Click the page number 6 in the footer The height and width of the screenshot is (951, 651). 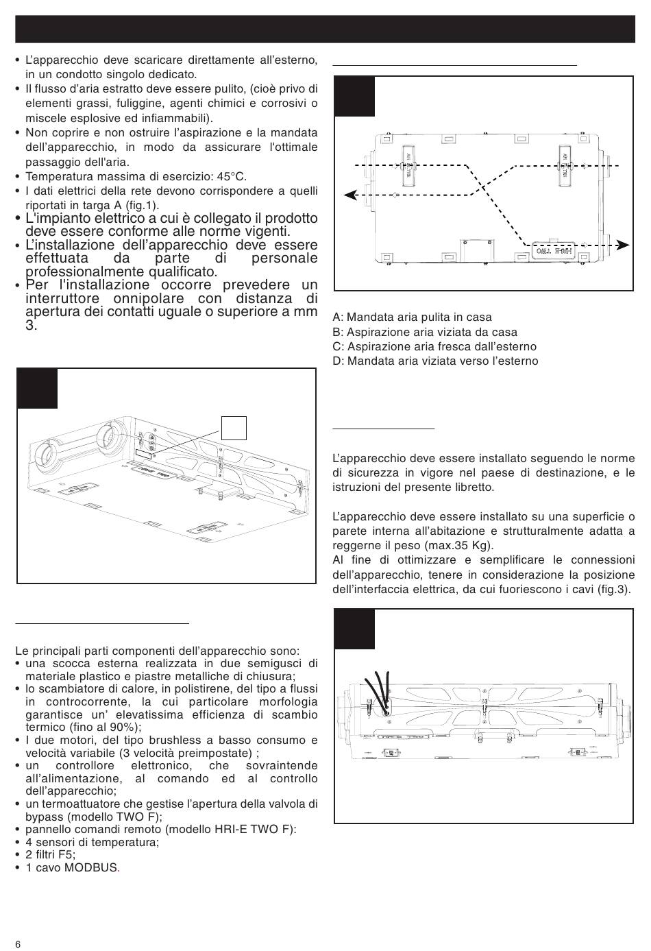pyautogui.click(x=18, y=944)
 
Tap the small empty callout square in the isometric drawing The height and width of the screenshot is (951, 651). pyautogui.click(x=234, y=427)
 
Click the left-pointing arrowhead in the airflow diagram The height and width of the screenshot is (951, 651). pyautogui.click(x=349, y=195)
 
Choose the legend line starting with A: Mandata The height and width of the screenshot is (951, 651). pyautogui.click(x=412, y=317)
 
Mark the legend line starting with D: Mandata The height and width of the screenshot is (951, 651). pyautogui.click(x=435, y=361)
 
